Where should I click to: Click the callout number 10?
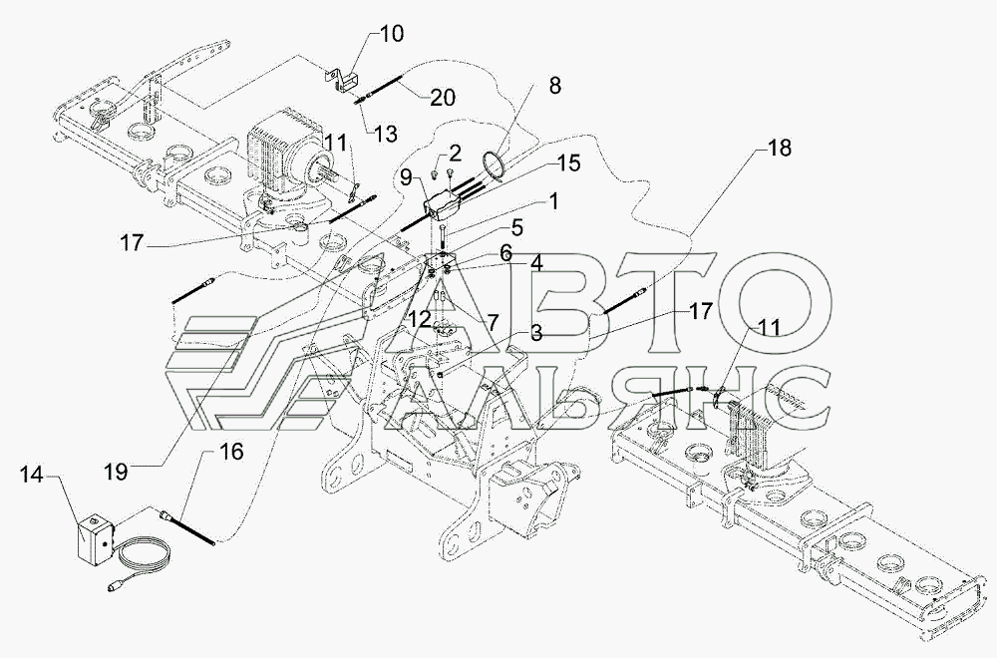tap(392, 35)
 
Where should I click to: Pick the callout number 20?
tap(443, 97)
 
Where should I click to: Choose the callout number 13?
tap(384, 134)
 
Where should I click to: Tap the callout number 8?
tap(552, 86)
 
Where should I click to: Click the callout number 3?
tap(535, 332)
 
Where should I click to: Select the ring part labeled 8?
tap(495, 161)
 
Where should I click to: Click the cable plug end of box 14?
tap(112, 589)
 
